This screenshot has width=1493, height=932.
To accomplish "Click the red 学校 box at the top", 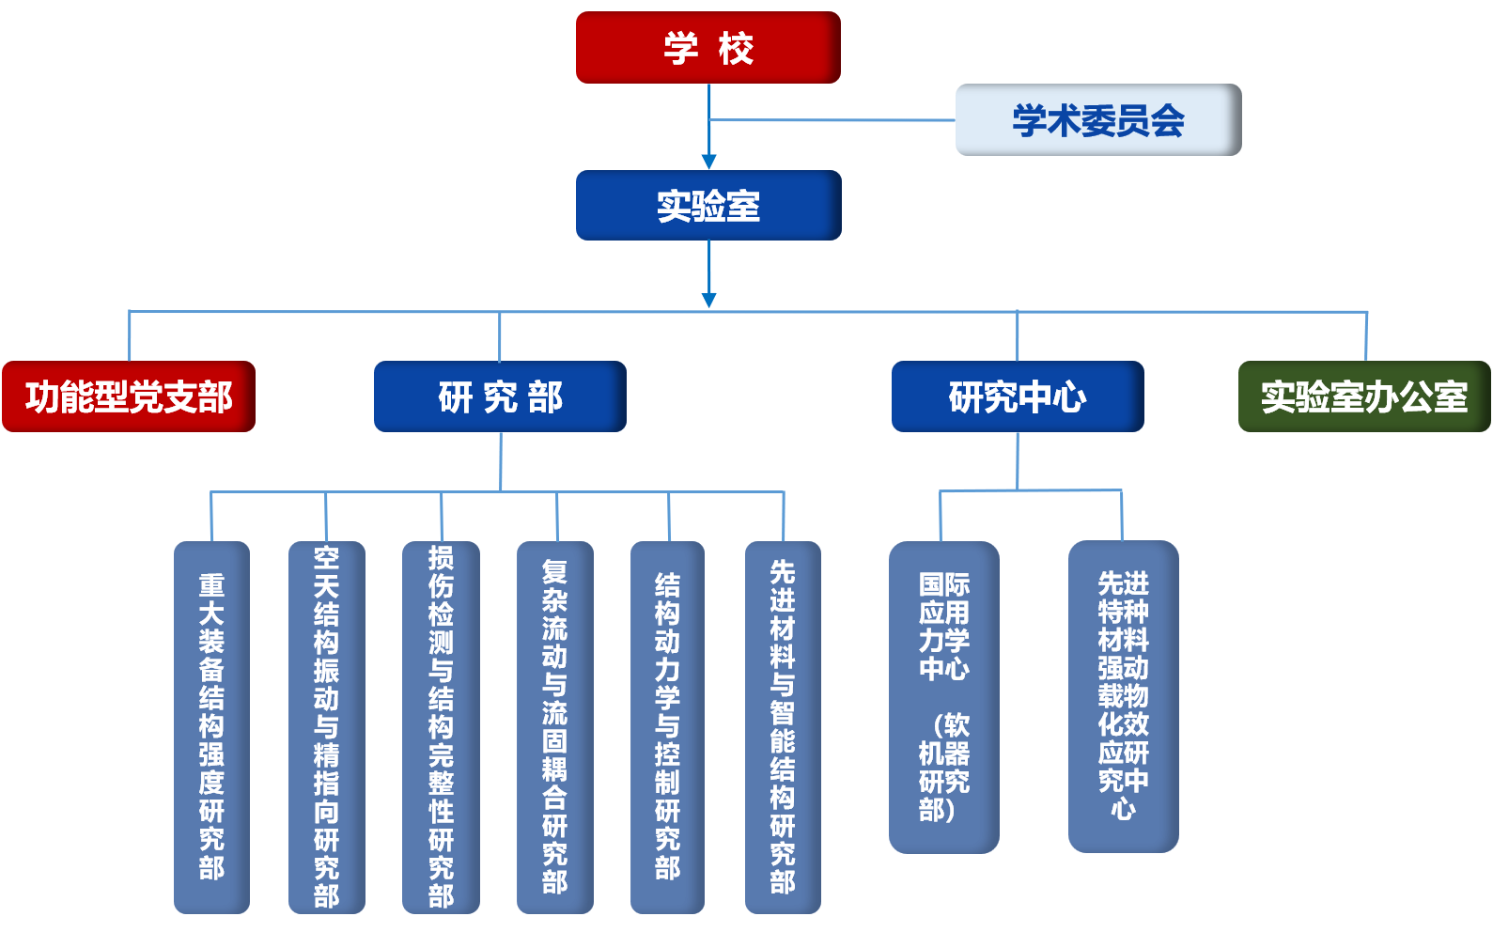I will [x=708, y=48].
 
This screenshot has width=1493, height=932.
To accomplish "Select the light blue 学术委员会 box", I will [x=1097, y=120].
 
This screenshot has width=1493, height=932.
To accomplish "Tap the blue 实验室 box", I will [x=708, y=206].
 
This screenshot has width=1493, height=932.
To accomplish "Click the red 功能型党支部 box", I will [x=129, y=396].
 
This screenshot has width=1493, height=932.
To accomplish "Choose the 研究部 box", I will [x=500, y=396].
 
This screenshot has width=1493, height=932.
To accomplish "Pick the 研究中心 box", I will [x=1018, y=396].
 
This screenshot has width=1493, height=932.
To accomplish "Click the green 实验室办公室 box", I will [x=1364, y=396].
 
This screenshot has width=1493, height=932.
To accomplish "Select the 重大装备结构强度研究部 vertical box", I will [x=211, y=726].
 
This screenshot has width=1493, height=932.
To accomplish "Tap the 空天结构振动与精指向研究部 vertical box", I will [x=326, y=726].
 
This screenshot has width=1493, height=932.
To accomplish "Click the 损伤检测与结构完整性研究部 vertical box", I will [x=441, y=726].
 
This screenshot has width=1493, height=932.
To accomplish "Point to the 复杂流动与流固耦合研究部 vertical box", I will [x=554, y=726].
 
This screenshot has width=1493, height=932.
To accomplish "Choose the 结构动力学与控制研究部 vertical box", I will [x=667, y=726].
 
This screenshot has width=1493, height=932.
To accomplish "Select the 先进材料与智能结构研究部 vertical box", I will [x=783, y=726].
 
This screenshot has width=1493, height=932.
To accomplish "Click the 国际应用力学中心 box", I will [x=943, y=697].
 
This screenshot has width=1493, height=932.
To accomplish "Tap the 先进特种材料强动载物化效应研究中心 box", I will [x=1123, y=696].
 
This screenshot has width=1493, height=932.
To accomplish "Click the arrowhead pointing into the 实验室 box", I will [x=708, y=162].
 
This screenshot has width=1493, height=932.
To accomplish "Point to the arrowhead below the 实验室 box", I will [x=708, y=300].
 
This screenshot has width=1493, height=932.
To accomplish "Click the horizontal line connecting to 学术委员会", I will [x=832, y=120].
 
